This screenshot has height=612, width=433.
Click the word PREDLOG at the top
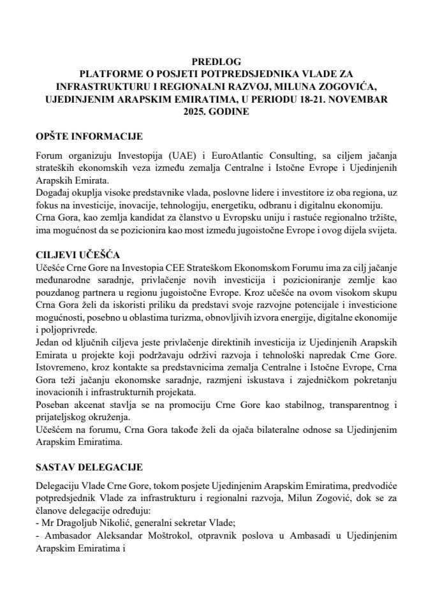click(x=216, y=63)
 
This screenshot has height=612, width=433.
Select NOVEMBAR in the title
click(x=363, y=99)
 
